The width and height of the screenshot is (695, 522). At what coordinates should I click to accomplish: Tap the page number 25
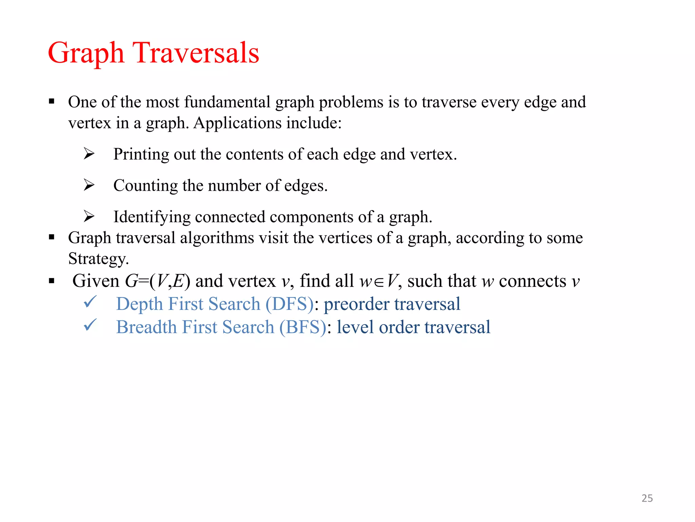point(647,498)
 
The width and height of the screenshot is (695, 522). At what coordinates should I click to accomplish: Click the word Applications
point(237,123)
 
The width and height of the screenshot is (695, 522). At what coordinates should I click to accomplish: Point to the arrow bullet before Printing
point(89,154)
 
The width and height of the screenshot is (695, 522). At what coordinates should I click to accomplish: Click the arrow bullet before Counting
point(89,185)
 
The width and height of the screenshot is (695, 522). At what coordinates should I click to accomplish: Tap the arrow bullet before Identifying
point(89,216)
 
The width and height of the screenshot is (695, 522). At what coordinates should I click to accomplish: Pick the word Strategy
point(98,259)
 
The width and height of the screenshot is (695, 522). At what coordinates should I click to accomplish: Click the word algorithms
point(217,238)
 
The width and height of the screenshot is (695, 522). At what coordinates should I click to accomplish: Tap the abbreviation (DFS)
point(289,304)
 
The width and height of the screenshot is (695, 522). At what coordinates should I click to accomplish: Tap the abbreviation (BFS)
point(303,327)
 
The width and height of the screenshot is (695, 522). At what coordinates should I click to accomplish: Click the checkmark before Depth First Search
point(90,301)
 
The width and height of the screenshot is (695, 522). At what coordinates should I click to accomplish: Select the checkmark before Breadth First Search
point(90,325)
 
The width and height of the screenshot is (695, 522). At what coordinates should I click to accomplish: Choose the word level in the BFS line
point(355,327)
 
